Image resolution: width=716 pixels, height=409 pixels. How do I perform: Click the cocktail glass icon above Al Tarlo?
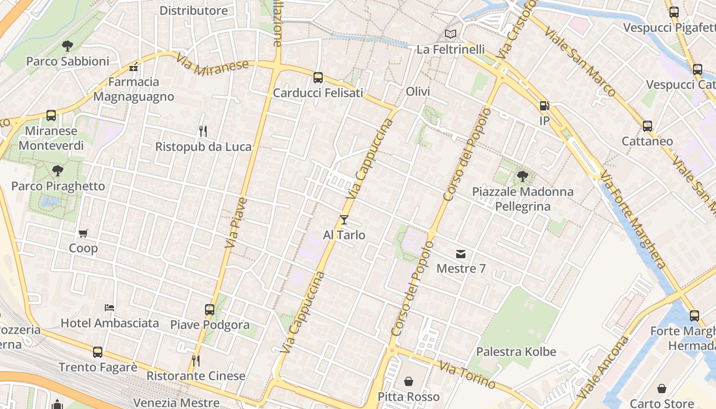(344, 220)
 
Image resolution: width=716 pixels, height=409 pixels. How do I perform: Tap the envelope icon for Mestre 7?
(461, 254)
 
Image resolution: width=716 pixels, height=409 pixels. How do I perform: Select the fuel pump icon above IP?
(544, 106)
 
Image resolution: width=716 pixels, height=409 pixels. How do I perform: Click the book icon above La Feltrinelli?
(450, 34)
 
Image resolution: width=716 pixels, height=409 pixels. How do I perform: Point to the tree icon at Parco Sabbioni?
(68, 46)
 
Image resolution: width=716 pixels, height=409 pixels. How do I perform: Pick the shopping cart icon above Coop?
(83, 233)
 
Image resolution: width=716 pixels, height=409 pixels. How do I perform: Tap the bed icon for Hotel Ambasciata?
(109, 308)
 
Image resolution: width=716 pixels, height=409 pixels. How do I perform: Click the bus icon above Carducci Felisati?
(318, 78)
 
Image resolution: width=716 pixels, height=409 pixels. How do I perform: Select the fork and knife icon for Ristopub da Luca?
(203, 131)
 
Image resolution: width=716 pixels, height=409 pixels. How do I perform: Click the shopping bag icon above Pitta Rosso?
(409, 381)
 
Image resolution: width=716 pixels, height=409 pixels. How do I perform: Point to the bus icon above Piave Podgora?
(210, 309)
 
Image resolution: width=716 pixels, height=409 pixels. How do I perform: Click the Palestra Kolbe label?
(516, 352)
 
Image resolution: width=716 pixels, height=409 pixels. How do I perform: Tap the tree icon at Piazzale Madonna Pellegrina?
(522, 176)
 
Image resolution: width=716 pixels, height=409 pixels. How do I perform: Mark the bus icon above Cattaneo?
(647, 126)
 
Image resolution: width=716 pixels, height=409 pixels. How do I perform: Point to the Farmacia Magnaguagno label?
(133, 89)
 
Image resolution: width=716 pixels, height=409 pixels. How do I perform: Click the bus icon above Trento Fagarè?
(98, 352)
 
